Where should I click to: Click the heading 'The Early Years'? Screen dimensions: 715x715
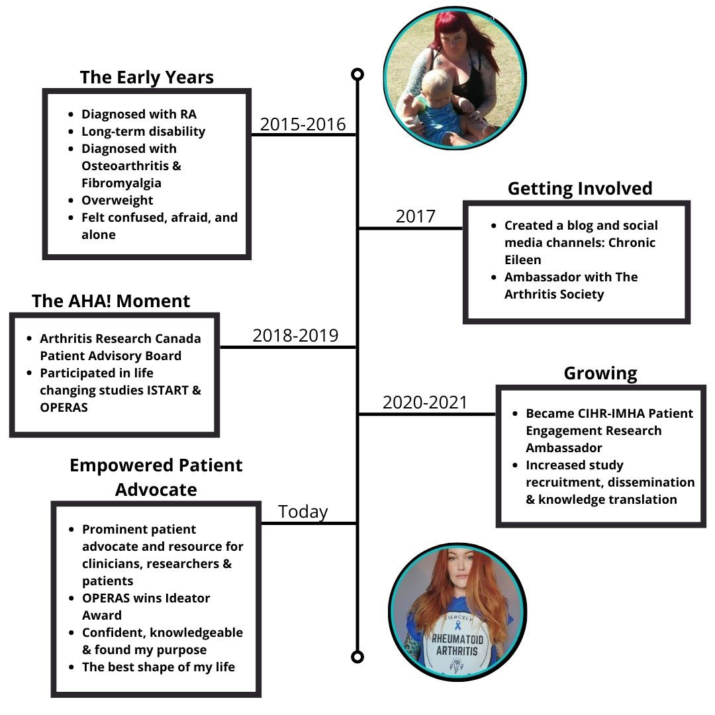[146, 77]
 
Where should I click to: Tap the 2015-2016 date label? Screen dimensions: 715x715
[303, 124]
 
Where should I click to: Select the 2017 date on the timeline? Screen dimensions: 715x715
[415, 216]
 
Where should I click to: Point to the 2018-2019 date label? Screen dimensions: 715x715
[295, 335]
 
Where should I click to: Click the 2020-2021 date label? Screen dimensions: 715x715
[424, 402]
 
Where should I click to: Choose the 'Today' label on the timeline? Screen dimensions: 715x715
[303, 512]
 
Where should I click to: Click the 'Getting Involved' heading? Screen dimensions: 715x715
[579, 188]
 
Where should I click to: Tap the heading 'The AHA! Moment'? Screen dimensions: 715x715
[111, 301]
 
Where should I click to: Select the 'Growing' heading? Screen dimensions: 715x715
[600, 373]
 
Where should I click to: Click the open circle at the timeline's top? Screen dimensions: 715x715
[358, 74]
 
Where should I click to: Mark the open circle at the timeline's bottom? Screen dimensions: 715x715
[358, 657]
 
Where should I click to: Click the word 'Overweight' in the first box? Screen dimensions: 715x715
[117, 200]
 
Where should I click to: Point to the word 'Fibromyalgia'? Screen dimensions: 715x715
[121, 183]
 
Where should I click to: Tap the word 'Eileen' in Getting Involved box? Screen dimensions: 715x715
[523, 260]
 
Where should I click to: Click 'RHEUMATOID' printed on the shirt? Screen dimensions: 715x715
[458, 639]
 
